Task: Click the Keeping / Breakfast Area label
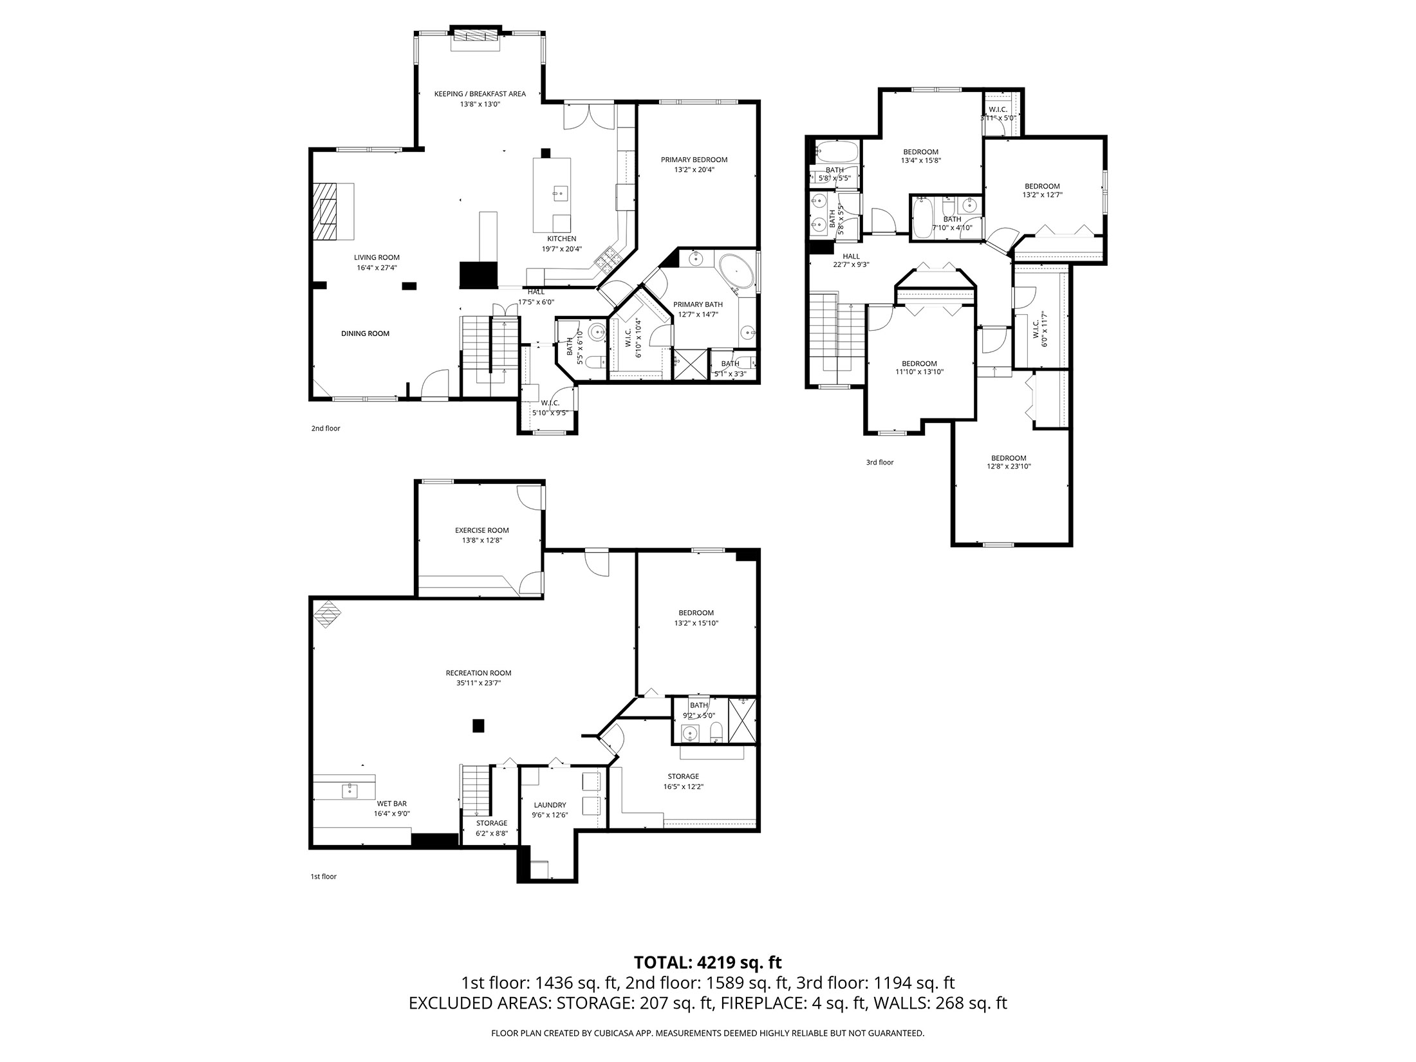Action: click(480, 94)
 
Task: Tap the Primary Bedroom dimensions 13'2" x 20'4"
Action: click(694, 170)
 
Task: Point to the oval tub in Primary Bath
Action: click(736, 271)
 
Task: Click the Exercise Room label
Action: click(481, 530)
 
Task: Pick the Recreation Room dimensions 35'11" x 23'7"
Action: click(478, 684)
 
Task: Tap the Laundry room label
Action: click(550, 805)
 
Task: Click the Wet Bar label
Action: click(391, 803)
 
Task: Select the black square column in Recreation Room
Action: click(478, 725)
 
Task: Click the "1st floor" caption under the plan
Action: click(324, 876)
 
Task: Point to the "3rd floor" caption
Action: click(879, 462)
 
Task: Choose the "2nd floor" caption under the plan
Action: click(326, 428)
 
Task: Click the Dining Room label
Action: click(365, 333)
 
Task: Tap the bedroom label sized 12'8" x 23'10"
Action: click(1009, 458)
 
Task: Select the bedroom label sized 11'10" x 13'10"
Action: click(919, 363)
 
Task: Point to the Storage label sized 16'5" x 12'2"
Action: click(683, 776)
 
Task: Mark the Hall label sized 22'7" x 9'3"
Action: click(851, 256)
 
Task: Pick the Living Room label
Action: click(377, 257)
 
